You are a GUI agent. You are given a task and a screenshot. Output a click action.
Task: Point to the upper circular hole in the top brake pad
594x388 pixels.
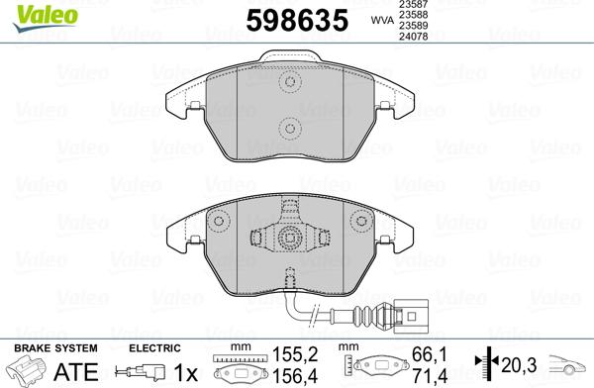[290, 83]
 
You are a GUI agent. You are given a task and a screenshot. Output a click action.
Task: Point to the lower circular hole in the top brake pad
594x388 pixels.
[290, 126]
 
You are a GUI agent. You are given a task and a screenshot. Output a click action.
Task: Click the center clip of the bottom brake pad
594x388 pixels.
[290, 238]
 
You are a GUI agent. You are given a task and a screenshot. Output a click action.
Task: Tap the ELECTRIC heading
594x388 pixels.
[154, 348]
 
